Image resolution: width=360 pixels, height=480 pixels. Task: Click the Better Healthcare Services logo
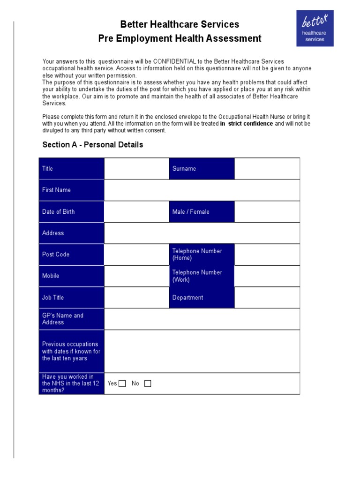[x=315, y=29]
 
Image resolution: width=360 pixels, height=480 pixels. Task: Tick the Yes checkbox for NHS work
[x=122, y=383]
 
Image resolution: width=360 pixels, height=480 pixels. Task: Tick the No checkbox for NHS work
[x=148, y=383]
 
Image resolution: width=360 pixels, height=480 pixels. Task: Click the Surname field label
[x=202, y=169]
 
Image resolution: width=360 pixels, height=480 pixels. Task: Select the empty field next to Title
[x=136, y=169]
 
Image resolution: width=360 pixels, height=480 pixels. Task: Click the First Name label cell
[x=71, y=190]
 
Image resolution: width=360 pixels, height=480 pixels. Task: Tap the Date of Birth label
[x=71, y=212]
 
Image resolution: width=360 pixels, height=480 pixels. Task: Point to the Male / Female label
[x=202, y=212]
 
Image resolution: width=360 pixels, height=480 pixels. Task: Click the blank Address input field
[x=202, y=233]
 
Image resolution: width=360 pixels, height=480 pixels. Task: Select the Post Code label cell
[x=71, y=255]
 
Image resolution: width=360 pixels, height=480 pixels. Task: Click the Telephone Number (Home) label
[x=202, y=255]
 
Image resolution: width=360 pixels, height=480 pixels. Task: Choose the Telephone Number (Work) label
[x=202, y=276]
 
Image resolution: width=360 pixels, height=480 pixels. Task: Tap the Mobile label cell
[x=71, y=276]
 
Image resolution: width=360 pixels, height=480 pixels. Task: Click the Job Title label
[x=71, y=298]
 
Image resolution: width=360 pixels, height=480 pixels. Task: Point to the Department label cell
[x=202, y=298]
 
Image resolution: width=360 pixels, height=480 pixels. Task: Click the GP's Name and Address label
[x=71, y=319]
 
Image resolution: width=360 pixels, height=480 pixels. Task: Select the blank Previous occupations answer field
[x=202, y=351]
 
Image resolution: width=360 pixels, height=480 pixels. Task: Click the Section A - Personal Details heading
[x=93, y=145]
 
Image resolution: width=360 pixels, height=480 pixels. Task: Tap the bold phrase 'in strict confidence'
[x=247, y=124]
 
